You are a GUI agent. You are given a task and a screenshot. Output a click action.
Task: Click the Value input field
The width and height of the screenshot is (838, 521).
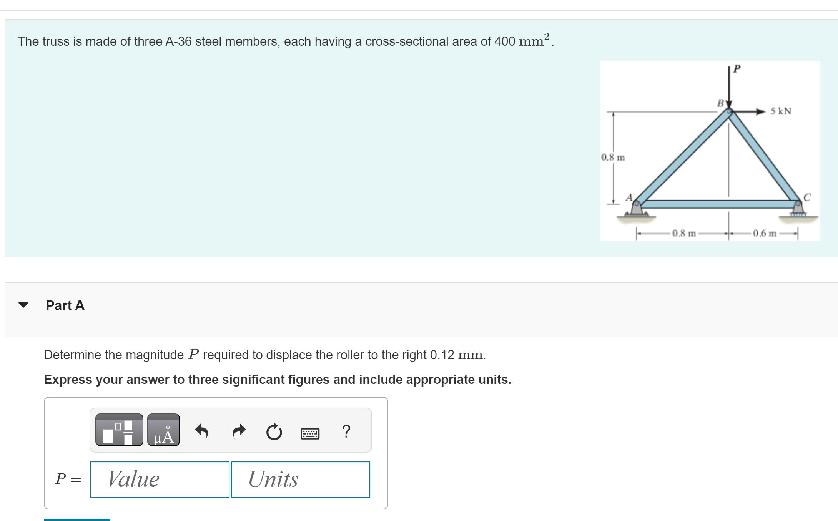[x=160, y=479]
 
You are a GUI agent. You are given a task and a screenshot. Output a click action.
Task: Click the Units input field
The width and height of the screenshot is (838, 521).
[x=301, y=479]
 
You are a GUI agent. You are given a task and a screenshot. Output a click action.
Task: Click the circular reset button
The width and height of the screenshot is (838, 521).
[x=274, y=432]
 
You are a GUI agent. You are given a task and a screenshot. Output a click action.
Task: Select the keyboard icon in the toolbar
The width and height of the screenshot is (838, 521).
[x=310, y=433]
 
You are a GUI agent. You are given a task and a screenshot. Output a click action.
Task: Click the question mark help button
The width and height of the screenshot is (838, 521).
[x=346, y=431]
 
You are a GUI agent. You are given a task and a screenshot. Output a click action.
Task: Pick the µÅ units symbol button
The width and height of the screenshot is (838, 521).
[x=163, y=430]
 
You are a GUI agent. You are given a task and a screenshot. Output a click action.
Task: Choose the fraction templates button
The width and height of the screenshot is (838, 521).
[x=119, y=430]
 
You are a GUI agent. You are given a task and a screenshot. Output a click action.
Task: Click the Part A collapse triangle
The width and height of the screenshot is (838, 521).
[x=23, y=305]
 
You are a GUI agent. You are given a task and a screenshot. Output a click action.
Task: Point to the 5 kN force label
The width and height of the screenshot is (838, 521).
[x=781, y=111]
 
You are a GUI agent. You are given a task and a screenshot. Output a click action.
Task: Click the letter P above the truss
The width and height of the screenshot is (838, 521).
[x=737, y=69]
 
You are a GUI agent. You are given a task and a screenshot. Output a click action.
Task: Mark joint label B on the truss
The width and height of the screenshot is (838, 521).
[x=720, y=103]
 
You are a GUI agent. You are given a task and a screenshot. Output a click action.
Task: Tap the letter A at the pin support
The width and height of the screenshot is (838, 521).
[x=629, y=197]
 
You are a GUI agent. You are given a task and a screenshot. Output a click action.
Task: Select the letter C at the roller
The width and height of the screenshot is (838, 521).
[x=807, y=197]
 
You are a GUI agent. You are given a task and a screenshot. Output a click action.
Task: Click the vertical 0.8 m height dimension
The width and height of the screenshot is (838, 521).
[x=613, y=157]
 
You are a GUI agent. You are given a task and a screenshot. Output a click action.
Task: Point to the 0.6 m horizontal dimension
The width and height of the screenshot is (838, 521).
[x=764, y=233]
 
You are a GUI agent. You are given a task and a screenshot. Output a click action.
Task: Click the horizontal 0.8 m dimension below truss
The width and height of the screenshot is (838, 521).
[x=684, y=233]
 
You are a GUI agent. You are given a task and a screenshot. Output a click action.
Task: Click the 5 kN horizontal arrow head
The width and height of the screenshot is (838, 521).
[x=760, y=112]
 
